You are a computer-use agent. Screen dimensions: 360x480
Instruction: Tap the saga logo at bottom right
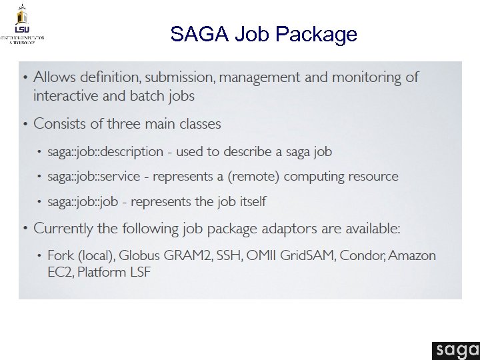point(455,349)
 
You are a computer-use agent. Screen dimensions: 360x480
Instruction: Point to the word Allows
point(55,77)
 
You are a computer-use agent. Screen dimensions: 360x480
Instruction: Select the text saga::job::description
point(105,152)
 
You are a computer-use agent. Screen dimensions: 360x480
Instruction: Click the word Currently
point(64,229)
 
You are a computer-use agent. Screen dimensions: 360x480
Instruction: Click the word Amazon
point(413,255)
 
